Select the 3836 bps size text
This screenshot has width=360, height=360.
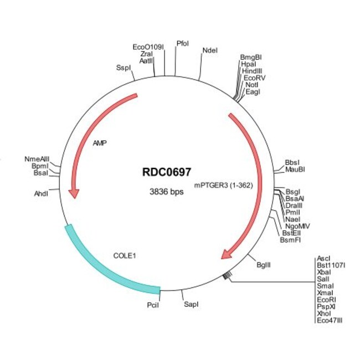click(x=167, y=192)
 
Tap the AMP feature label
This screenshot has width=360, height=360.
click(x=100, y=142)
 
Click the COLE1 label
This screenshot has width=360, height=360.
click(x=124, y=256)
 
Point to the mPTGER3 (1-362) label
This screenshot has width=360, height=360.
click(x=224, y=186)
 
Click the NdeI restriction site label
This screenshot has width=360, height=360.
click(x=210, y=50)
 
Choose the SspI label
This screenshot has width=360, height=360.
click(x=123, y=68)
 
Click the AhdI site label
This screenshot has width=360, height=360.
click(x=42, y=193)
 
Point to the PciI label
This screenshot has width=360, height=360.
click(x=153, y=305)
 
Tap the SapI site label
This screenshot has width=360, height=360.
click(x=191, y=305)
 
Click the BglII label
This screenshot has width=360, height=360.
click(x=264, y=265)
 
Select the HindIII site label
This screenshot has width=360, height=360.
click(x=252, y=71)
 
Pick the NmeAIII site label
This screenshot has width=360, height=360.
click(x=37, y=159)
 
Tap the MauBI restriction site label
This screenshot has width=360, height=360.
click(x=295, y=169)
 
